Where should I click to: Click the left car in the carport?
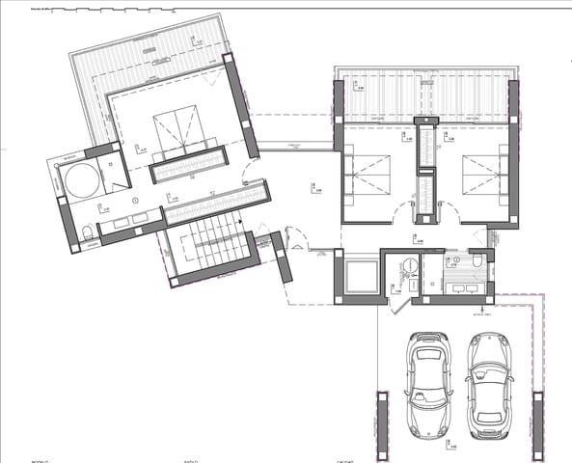426,383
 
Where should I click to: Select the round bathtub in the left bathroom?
79,179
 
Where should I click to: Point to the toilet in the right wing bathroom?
478,261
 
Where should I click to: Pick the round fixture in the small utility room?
409,265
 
